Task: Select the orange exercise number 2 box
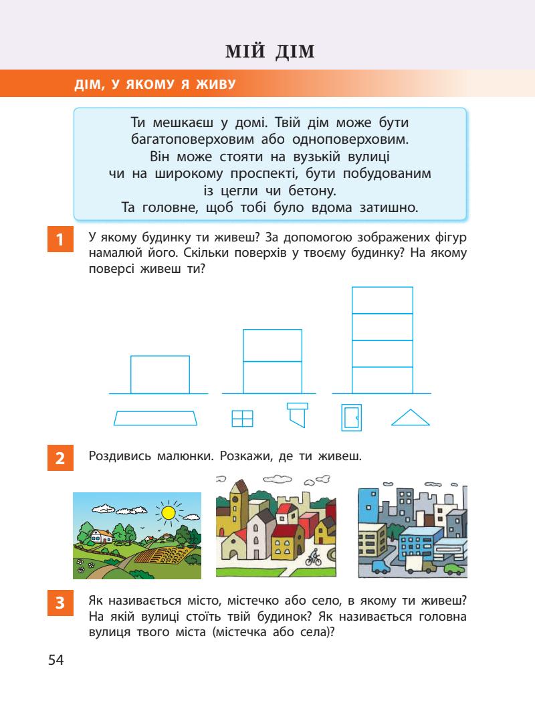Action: [60, 459]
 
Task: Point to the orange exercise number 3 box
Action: [60, 602]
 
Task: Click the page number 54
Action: [56, 661]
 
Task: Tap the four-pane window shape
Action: [242, 418]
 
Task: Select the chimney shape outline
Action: [297, 413]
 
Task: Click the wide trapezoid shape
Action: [156, 418]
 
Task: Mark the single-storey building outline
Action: [160, 375]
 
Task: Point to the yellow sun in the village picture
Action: [169, 513]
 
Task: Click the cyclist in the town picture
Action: [314, 557]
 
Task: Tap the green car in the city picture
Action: [453, 569]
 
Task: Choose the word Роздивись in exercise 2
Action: [117, 458]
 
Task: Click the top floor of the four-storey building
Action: [382, 300]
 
